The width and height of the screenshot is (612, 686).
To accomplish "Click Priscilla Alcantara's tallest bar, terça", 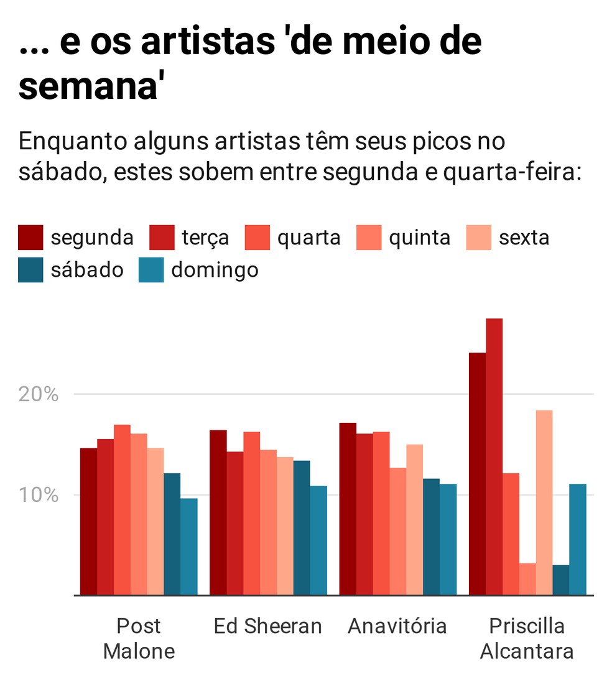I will pyautogui.click(x=494, y=457).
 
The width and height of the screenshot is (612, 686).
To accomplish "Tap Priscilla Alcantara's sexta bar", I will pyautogui.click(x=544, y=503).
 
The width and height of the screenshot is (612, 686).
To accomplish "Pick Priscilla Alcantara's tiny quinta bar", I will pyautogui.click(x=527, y=579).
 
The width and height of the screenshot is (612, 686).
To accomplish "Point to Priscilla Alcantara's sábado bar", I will pyautogui.click(x=560, y=580).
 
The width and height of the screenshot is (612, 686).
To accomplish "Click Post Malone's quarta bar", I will pyautogui.click(x=122, y=510).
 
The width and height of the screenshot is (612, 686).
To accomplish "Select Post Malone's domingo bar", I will pyautogui.click(x=189, y=547).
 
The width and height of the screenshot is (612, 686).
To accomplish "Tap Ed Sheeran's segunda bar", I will pyautogui.click(x=218, y=512).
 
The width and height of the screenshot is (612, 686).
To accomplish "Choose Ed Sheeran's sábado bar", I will pyautogui.click(x=302, y=528).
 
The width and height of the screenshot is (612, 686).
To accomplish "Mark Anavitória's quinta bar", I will pyautogui.click(x=397, y=531).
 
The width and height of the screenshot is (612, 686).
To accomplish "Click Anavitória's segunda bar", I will pyautogui.click(x=348, y=509).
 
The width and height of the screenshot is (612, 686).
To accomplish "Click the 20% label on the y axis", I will pyautogui.click(x=40, y=394).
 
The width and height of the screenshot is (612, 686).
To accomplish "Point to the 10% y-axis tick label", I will pyautogui.click(x=40, y=496).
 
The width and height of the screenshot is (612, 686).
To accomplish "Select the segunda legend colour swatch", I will pyautogui.click(x=30, y=238).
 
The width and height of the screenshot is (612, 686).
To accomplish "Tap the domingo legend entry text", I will pyautogui.click(x=215, y=271).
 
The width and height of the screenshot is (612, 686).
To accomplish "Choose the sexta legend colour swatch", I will pyautogui.click(x=478, y=238).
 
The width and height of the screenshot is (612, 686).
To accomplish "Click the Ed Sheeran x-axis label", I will pyautogui.click(x=267, y=626).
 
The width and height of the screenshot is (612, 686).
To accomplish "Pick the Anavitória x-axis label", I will pyautogui.click(x=397, y=626).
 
